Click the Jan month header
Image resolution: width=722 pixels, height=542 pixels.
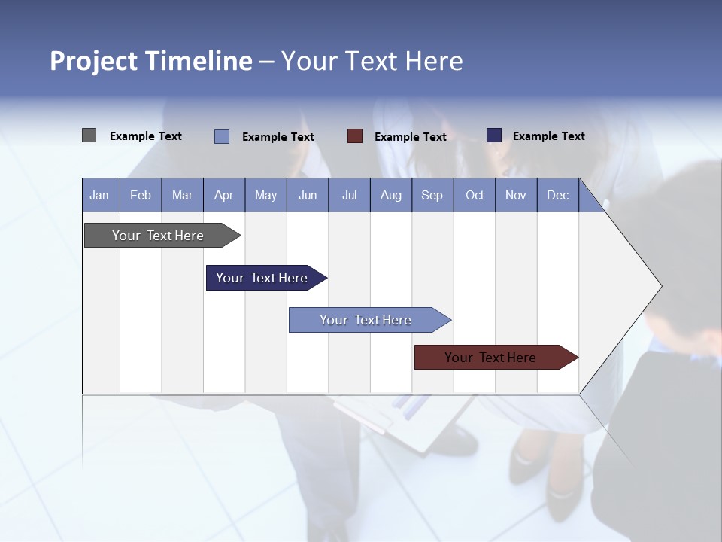click(x=100, y=195)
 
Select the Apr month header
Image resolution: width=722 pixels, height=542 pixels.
click(x=224, y=195)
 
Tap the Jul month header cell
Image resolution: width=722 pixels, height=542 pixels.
click(x=349, y=195)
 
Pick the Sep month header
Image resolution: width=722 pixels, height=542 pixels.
click(x=432, y=195)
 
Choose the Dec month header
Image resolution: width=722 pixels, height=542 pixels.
click(x=558, y=195)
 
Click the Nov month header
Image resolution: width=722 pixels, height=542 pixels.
click(x=516, y=195)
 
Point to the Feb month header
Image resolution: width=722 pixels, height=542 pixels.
click(x=141, y=195)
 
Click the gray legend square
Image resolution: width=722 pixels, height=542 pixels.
click(x=89, y=135)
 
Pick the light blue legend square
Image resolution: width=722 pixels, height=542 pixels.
click(x=222, y=136)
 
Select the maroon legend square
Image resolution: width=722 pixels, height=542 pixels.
click(x=355, y=136)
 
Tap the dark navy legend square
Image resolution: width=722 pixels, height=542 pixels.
click(x=494, y=135)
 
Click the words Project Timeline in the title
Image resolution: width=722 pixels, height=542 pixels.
click(x=151, y=61)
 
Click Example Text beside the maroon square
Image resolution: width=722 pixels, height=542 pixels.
click(x=411, y=137)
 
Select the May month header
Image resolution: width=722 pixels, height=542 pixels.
click(x=265, y=195)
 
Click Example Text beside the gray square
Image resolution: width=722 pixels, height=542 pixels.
click(x=146, y=136)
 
